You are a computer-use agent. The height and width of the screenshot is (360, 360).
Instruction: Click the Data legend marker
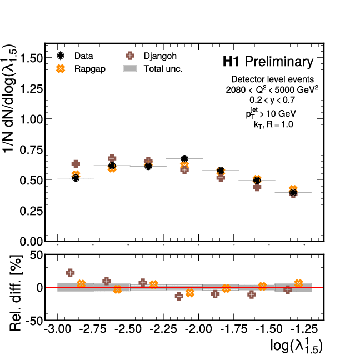(62, 56)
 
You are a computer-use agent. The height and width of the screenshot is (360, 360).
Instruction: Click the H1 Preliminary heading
(268, 61)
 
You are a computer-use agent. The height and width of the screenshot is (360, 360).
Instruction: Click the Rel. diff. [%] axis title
(16, 287)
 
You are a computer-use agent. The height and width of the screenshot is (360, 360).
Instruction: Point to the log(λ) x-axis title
(296, 346)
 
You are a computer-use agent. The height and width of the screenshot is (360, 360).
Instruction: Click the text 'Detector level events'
(272, 79)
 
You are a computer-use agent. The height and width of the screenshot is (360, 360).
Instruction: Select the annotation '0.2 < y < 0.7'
(272, 100)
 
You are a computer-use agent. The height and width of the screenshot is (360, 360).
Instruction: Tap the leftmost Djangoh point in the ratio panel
(71, 273)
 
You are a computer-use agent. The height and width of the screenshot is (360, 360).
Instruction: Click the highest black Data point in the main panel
(185, 159)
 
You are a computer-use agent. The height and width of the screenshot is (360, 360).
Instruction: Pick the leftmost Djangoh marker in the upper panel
(76, 164)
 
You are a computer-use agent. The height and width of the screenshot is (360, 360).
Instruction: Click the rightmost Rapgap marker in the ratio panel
(298, 283)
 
